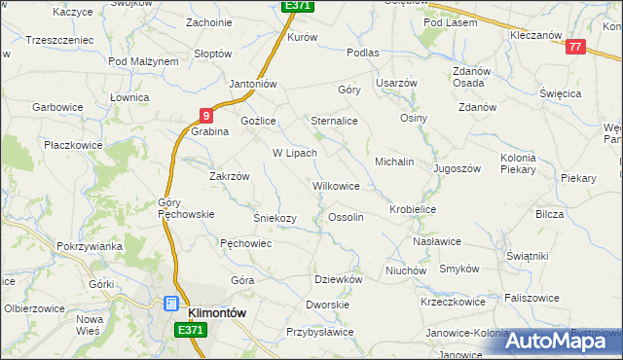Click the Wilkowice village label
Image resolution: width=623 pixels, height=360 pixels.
pos(336,185)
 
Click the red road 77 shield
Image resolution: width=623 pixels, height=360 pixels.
pos(574,47)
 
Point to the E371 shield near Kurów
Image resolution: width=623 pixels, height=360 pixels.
pos(297,6)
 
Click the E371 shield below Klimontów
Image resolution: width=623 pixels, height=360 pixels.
pos(191,331)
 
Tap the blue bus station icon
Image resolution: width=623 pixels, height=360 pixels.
pos(171,305)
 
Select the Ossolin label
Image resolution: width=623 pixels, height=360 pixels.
pos(347,217)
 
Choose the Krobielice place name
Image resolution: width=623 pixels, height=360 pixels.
pos(413,209)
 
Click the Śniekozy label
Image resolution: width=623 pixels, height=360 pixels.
pos(275,217)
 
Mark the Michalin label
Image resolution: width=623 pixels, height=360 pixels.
pos(395,161)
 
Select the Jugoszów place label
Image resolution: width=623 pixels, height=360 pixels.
pos(458,168)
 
